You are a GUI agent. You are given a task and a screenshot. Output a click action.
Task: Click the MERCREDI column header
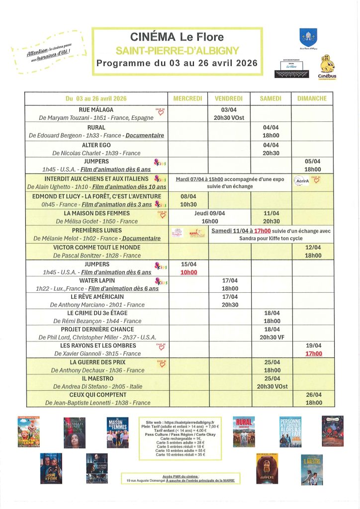188,98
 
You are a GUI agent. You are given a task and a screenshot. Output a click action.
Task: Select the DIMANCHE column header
312,98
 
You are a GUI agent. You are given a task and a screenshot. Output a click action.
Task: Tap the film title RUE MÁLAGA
96,109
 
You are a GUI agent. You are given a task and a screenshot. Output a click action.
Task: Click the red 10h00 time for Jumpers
188,272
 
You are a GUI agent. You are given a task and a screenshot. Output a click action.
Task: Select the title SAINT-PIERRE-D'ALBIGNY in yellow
177,50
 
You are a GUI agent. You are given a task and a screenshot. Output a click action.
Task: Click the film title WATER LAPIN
96,280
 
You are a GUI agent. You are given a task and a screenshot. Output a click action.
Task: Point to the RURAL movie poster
244,431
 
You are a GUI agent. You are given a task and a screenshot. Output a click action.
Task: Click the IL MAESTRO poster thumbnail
312,469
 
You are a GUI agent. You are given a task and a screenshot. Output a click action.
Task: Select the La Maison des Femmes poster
117,432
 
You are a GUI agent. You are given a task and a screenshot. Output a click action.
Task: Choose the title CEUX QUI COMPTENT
96,395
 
